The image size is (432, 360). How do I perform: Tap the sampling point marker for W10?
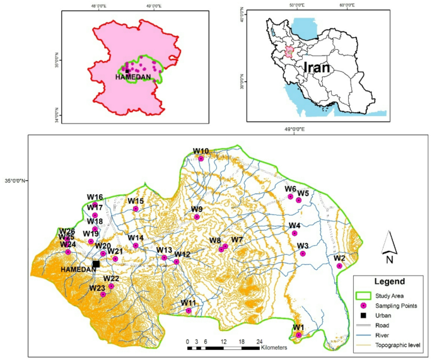click(201, 159)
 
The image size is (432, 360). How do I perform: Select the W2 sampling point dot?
click(339, 266)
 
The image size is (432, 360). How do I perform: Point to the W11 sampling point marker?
click(189, 311)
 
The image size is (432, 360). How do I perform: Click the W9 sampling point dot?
click(197, 217)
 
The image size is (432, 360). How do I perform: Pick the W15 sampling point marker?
click(135, 209)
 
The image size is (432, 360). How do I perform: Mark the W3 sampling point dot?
click(303, 253)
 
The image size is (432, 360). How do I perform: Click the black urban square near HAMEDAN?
click(96, 264)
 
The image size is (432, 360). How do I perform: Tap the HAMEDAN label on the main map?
click(78, 270)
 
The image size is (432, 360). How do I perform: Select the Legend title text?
click(388, 282)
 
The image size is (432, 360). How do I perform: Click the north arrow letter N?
click(390, 258)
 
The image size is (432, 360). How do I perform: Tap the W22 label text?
click(111, 279)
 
